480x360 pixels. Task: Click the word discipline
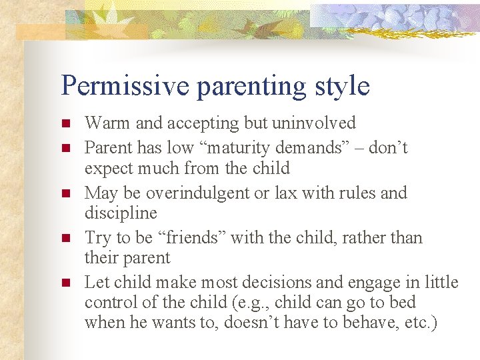(x=121, y=213)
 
